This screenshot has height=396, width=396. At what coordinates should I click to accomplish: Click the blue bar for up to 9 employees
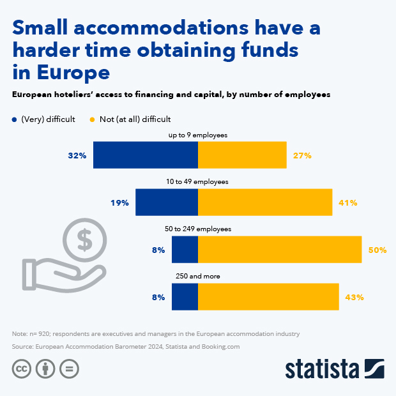coord(146,155)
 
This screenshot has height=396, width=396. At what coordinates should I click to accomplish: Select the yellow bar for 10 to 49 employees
coord(265,202)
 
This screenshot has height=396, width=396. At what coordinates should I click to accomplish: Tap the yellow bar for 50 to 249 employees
coord(280,249)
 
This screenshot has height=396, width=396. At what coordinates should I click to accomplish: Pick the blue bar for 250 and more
coord(185,296)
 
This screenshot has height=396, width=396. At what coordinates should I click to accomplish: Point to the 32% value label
coord(77,155)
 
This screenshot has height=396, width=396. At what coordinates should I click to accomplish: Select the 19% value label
coord(119,202)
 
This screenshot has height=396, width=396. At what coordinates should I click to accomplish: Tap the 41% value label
coord(348,202)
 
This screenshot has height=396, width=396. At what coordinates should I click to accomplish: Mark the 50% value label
coord(377,250)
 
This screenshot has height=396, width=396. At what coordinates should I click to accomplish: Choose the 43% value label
coord(354,297)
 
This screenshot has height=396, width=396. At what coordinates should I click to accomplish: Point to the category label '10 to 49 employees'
coord(197,182)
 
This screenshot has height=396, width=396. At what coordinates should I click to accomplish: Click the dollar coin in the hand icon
coord(84,240)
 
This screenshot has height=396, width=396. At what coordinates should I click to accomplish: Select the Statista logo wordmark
coord(322,369)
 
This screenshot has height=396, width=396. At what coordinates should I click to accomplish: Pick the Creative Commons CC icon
coord(22,369)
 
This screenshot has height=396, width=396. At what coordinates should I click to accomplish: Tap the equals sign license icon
coord(69,369)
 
